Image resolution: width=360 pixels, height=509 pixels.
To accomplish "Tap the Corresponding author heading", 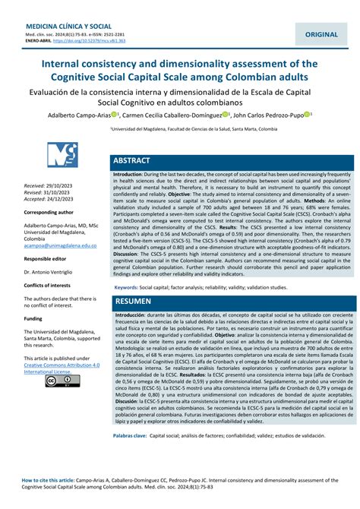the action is click(49, 213).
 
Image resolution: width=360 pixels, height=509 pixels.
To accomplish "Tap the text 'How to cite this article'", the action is click(49, 481).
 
